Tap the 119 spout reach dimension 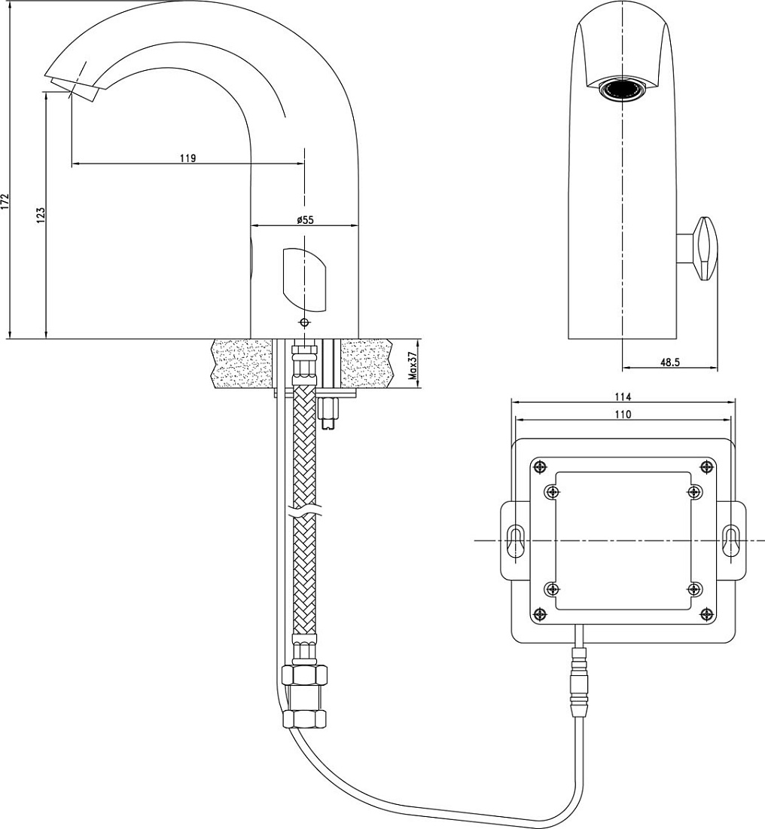pos(187,158)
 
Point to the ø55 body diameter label pos(305,220)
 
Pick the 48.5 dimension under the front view pos(670,362)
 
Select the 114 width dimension pos(623,396)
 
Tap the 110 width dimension pos(623,414)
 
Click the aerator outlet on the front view pos(623,90)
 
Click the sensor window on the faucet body pos(305,279)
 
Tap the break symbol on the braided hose pos(305,512)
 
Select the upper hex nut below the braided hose pos(305,676)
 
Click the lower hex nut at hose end pos(305,718)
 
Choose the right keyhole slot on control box pos(731,540)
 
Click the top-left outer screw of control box pos(539,467)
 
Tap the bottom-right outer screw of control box pos(707,613)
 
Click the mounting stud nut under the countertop pos(329,413)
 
